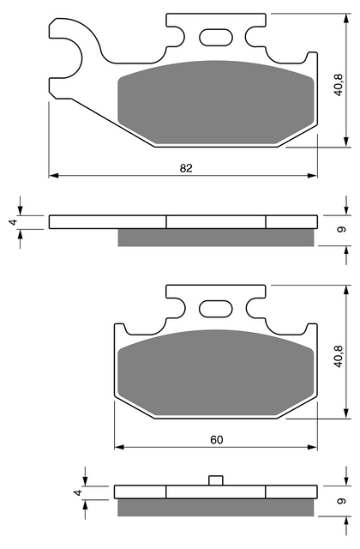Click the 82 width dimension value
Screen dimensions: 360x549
(x=186, y=168)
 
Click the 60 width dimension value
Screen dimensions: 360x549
(x=217, y=440)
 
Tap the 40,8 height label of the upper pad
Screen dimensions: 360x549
(x=339, y=86)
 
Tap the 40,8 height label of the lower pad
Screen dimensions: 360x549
(x=339, y=357)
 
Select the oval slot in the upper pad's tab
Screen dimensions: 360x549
(x=216, y=37)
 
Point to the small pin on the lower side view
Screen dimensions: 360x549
(x=216, y=480)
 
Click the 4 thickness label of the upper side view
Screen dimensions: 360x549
(x=14, y=222)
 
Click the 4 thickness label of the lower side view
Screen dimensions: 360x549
(x=78, y=492)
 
